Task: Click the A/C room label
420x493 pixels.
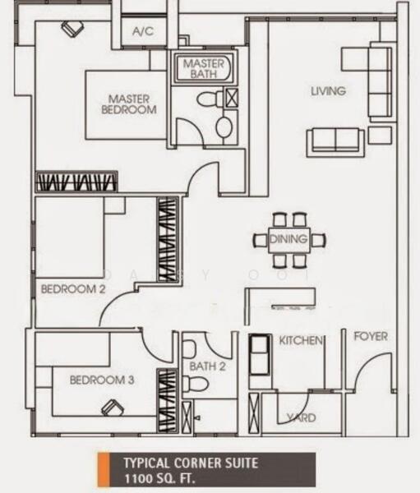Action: [x=143, y=31]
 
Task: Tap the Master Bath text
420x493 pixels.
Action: [x=204, y=68]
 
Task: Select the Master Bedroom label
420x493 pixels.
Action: [x=129, y=104]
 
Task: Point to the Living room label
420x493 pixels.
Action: [x=329, y=91]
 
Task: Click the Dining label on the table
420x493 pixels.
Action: [x=288, y=239]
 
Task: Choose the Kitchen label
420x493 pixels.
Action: [x=301, y=340]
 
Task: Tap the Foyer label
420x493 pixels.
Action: [x=371, y=336]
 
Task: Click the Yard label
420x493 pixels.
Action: [x=302, y=417]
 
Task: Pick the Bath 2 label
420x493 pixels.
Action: [x=208, y=366]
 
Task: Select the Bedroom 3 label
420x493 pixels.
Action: [x=102, y=380]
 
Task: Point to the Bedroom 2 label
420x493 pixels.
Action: [x=73, y=289]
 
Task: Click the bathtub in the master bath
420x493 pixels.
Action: [x=204, y=68]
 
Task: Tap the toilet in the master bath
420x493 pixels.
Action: [x=210, y=99]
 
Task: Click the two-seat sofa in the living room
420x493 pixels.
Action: [x=335, y=142]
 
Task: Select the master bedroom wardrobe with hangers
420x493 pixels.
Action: [x=76, y=182]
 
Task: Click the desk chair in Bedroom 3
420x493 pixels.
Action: [x=113, y=408]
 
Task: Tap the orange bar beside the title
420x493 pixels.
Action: [x=104, y=469]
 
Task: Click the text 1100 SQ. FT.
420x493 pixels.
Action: [x=159, y=479]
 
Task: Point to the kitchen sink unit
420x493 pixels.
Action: [x=260, y=354]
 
